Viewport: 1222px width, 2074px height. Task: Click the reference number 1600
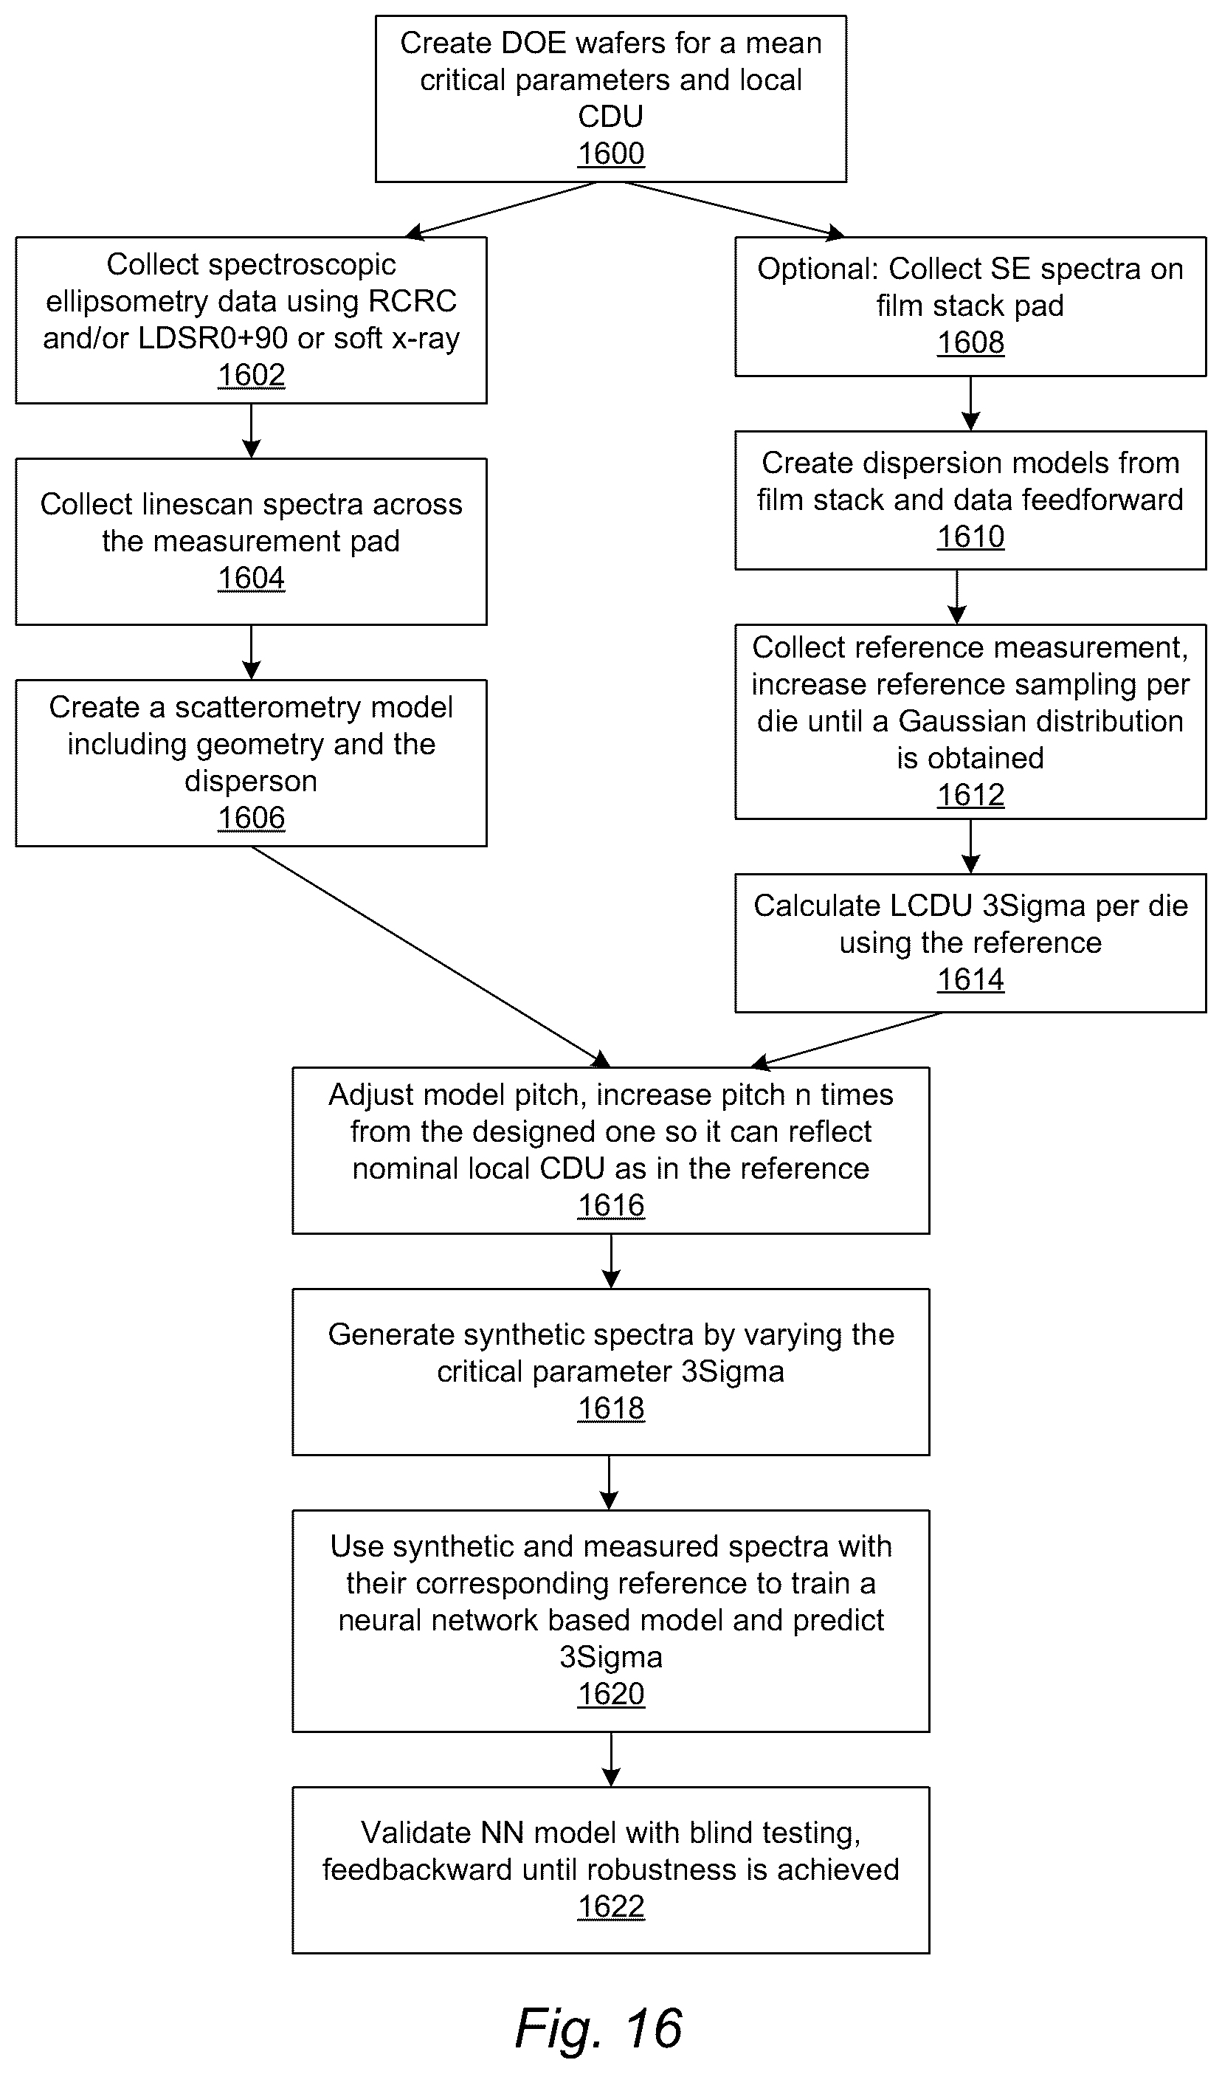click(x=610, y=154)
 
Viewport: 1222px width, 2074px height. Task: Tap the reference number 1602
click(x=251, y=376)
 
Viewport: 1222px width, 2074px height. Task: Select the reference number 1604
click(x=251, y=578)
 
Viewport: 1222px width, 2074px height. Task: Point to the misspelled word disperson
click(x=251, y=781)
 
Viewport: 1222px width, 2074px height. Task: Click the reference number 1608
click(x=970, y=342)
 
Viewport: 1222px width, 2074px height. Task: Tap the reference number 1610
click(x=970, y=537)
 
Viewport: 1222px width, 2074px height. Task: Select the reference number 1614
click(x=970, y=980)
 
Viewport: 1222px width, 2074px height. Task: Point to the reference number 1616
click(x=610, y=1206)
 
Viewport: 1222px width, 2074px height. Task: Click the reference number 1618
click(x=610, y=1408)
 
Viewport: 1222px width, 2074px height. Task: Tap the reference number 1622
click(x=610, y=1906)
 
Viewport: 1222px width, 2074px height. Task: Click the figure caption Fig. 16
click(x=598, y=2028)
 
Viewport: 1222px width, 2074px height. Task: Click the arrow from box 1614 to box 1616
click(x=846, y=1039)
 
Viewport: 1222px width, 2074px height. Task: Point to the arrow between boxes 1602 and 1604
click(x=251, y=431)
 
